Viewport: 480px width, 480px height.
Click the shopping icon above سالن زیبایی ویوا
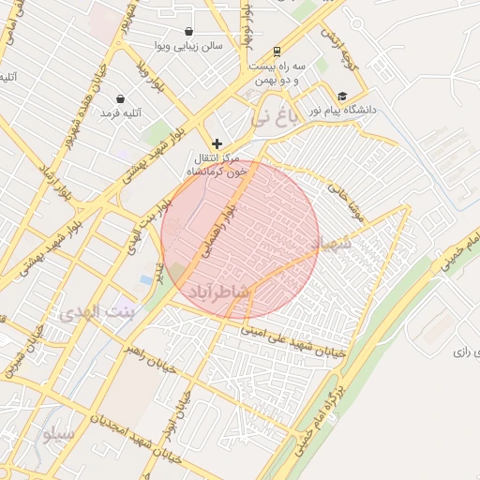(x=188, y=31)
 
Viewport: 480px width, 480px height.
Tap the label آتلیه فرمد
(x=121, y=112)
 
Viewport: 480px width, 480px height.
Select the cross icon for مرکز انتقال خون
(x=217, y=143)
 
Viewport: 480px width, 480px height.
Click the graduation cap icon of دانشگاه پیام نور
(x=343, y=96)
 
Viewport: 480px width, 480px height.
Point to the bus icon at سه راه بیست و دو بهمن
(x=277, y=52)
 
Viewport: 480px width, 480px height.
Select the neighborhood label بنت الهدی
(x=97, y=312)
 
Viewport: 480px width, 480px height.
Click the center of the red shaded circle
(x=240, y=240)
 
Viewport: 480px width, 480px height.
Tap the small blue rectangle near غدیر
(x=145, y=279)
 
